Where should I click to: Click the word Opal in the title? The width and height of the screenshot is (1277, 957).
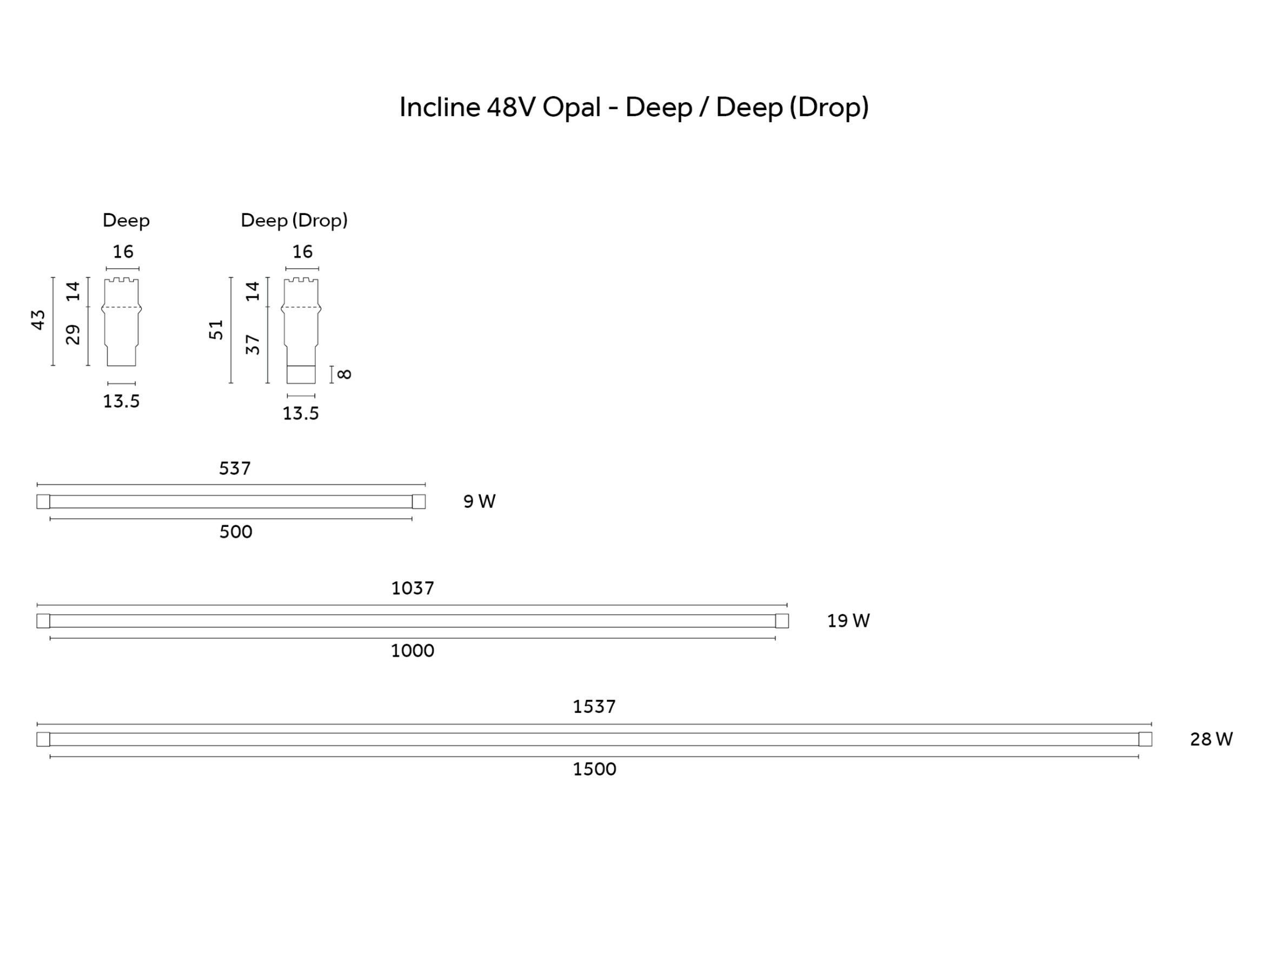click(x=572, y=108)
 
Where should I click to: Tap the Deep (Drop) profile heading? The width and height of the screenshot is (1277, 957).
click(x=294, y=220)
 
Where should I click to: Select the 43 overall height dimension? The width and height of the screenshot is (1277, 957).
click(x=38, y=320)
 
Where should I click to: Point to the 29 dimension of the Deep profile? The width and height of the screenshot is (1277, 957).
click(x=72, y=334)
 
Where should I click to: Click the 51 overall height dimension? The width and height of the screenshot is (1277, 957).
click(x=216, y=330)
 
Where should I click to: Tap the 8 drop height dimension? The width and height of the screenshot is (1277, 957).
click(x=344, y=374)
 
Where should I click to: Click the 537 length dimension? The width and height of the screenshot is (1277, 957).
click(x=234, y=469)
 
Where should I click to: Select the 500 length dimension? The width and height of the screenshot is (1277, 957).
click(x=235, y=532)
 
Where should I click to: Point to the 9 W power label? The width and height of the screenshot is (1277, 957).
click(x=479, y=502)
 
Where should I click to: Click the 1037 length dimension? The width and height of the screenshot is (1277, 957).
click(x=412, y=588)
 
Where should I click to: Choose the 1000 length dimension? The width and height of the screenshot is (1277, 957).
click(x=412, y=651)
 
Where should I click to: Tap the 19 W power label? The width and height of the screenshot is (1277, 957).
click(x=848, y=621)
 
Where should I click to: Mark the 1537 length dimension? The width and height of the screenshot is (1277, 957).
click(x=594, y=707)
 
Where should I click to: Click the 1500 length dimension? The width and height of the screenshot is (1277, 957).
click(x=594, y=769)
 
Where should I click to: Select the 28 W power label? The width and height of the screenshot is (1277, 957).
click(x=1211, y=740)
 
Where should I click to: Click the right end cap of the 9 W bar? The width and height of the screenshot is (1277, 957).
click(x=419, y=502)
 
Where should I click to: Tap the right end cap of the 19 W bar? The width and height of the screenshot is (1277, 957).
click(x=782, y=621)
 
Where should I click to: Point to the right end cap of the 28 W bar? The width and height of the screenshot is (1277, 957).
click(x=1145, y=740)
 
